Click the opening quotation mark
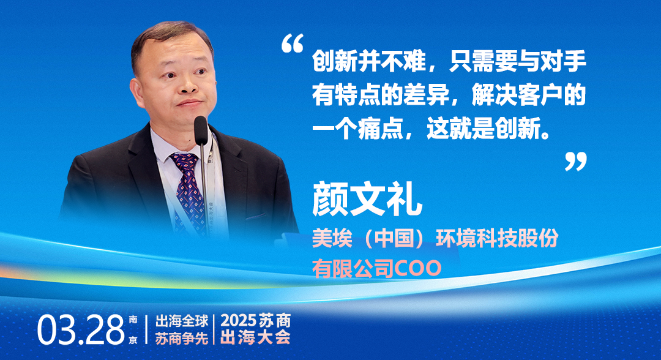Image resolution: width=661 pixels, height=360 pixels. click(293, 43)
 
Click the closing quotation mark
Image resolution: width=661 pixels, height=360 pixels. click(576, 162)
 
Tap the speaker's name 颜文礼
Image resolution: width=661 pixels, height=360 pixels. click(367, 199)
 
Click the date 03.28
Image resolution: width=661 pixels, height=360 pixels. click(81, 330)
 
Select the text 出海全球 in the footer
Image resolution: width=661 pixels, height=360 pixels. click(182, 321)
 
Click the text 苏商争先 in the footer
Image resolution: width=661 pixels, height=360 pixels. click(182, 338)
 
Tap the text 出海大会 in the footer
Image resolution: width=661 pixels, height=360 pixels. click(256, 338)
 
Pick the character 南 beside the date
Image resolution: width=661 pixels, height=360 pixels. click(133, 320)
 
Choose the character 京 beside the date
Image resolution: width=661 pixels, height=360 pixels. click(133, 340)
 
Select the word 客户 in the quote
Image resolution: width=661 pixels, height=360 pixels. click(540, 96)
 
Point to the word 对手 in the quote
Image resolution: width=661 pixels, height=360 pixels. click(563, 62)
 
